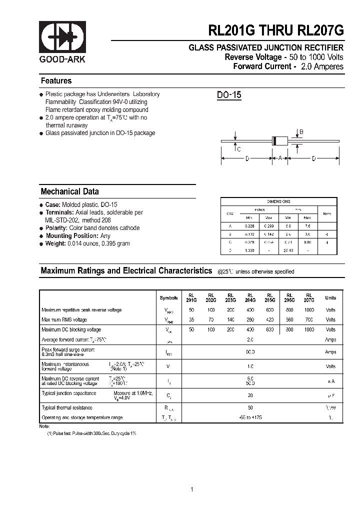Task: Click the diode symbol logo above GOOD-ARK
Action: pos(62,37)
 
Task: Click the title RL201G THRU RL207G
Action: pos(276,31)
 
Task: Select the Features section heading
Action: pos(56,81)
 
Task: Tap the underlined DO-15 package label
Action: pos(229,95)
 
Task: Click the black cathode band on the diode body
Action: pos(274,141)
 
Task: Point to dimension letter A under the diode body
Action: pos(280,158)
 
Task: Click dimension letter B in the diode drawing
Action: pos(300,132)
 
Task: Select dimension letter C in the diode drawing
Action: pos(239,149)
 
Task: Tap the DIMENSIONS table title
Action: pos(278,201)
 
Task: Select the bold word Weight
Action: pos(55,243)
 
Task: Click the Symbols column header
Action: pos(168,298)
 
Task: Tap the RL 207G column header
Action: pos(309,298)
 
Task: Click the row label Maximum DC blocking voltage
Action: pos(71,330)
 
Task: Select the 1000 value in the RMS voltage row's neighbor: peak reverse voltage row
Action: pos(309,310)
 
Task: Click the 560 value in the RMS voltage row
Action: pos(289,320)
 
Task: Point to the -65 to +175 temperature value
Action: pos(250,417)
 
